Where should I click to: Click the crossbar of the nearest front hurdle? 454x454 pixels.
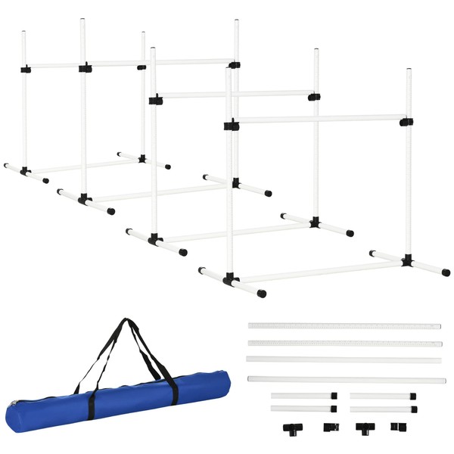[318, 120]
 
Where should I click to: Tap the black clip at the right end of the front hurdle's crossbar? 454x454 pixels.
[406, 121]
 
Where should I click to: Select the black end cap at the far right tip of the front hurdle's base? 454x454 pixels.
[446, 272]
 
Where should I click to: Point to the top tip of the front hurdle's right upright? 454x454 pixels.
[408, 70]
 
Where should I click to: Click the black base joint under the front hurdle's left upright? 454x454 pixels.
[230, 279]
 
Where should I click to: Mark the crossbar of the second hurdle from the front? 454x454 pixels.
[235, 95]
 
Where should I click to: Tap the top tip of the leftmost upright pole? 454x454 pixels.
[23, 33]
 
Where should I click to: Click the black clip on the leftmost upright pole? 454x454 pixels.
[26, 69]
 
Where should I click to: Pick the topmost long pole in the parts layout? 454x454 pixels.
[344, 326]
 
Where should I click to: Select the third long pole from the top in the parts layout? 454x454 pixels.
[344, 360]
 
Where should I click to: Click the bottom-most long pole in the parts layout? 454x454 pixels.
[344, 379]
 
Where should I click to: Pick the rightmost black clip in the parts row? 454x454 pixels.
[398, 427]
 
